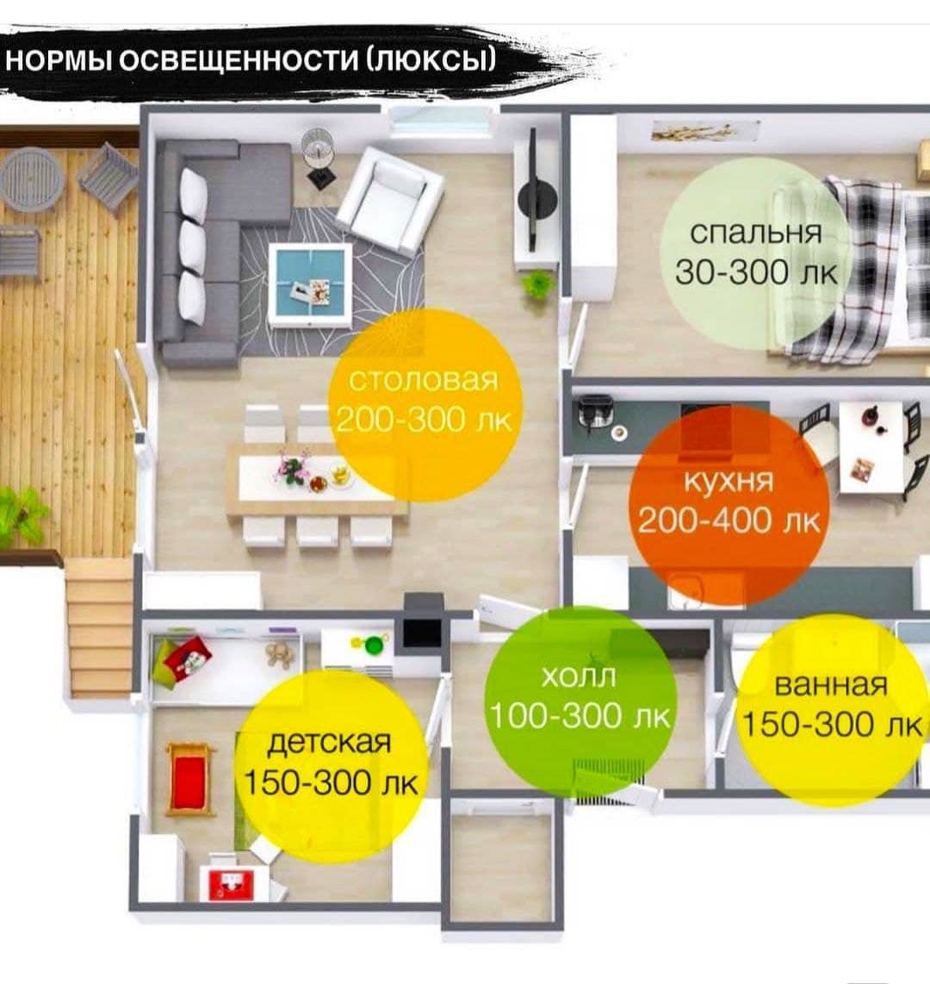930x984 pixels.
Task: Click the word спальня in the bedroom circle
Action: click(755, 233)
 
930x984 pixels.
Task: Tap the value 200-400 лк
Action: click(728, 520)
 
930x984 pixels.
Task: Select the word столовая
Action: click(424, 380)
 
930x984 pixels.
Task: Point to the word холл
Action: click(578, 676)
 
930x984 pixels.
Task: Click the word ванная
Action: click(831, 685)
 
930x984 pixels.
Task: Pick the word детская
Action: click(329, 743)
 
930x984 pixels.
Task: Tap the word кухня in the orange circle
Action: click(728, 482)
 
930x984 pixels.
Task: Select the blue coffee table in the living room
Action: click(310, 285)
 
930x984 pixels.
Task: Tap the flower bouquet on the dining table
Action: click(292, 468)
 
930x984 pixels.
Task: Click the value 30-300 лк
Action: click(756, 272)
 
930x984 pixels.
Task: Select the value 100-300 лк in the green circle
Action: click(580, 716)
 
